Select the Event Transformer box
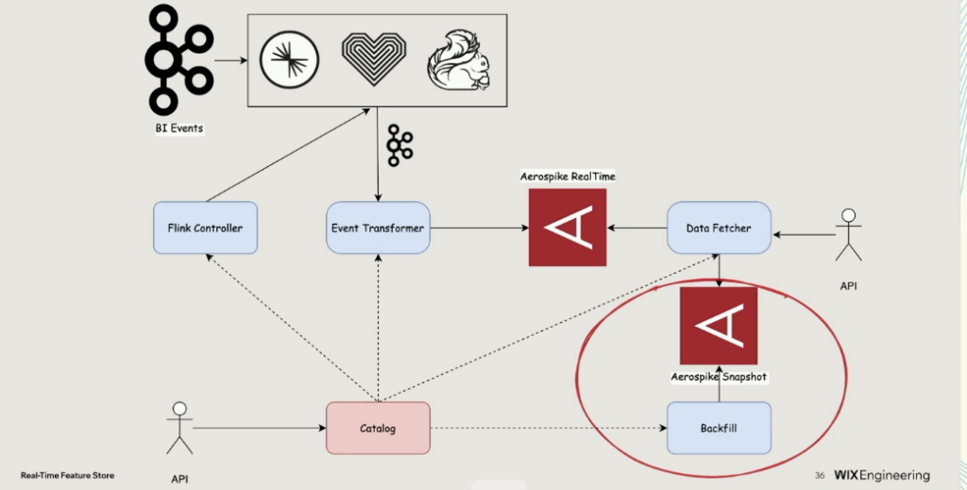(x=378, y=228)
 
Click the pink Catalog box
(x=378, y=428)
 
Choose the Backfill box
(x=720, y=428)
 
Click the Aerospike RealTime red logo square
(x=567, y=228)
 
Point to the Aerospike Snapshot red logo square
(x=719, y=326)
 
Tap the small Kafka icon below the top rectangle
(x=399, y=144)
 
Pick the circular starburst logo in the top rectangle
(x=289, y=59)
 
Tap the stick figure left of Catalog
(x=178, y=428)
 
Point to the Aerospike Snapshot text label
(x=719, y=377)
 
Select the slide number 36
(x=819, y=475)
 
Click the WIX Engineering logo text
(x=881, y=475)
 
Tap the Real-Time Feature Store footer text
(x=67, y=476)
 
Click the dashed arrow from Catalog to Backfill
(x=548, y=429)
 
